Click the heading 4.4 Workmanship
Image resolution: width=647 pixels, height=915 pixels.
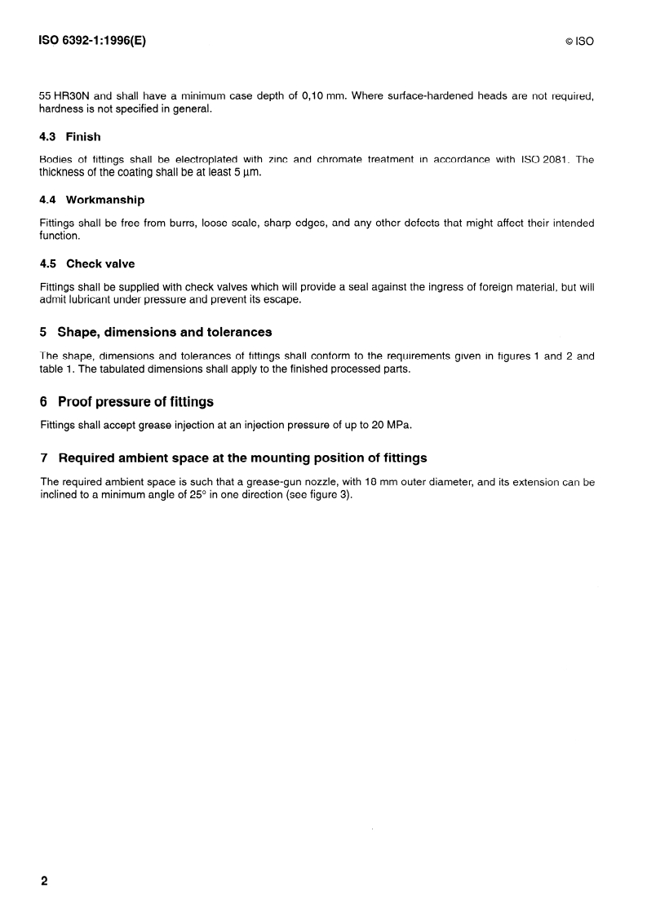[92, 200]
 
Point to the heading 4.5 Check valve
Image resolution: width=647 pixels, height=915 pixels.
[87, 263]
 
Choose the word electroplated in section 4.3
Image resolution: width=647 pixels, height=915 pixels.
[196, 160]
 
